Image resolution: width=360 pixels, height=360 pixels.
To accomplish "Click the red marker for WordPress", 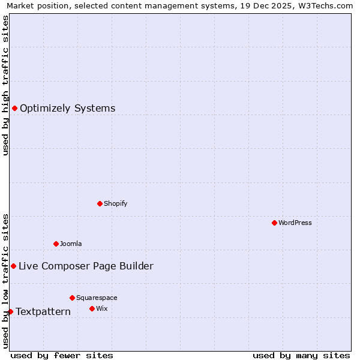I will tap(274, 223).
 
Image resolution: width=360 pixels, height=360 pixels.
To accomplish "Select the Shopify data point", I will tap(100, 203).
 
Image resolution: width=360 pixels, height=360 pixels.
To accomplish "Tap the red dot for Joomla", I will tap(56, 244).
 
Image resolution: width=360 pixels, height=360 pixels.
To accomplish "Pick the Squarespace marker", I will tap(72, 298).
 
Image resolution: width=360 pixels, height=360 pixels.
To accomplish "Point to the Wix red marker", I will tap(92, 308).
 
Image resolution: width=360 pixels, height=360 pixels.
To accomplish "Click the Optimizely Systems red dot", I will tap(14, 108).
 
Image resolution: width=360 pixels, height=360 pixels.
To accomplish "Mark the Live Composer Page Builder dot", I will tap(13, 266).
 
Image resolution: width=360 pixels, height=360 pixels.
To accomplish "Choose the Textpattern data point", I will tap(10, 311).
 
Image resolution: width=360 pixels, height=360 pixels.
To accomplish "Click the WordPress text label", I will tap(295, 223).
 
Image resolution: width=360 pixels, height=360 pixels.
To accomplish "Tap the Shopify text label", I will tap(116, 203).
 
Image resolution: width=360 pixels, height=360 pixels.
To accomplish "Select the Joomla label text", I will tap(71, 244).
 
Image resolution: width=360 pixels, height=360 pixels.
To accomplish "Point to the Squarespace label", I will tap(97, 298).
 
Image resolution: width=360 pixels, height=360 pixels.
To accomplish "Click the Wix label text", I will tap(101, 308).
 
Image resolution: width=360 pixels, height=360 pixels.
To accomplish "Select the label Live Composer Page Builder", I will tap(86, 266).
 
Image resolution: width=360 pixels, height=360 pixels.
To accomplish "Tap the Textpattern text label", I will tap(43, 312).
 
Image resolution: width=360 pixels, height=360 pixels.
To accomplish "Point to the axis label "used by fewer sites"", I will tap(62, 355).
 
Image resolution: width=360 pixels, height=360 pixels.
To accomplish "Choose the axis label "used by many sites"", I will tap(301, 355).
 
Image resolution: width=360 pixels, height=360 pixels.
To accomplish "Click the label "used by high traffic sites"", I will tap(5, 85).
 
